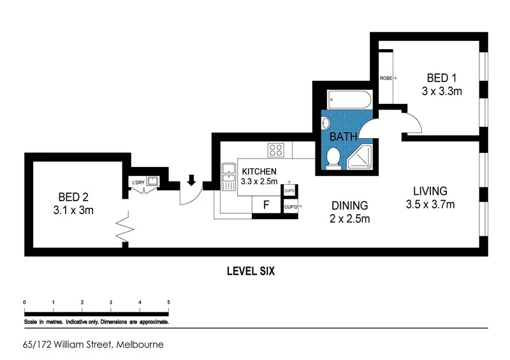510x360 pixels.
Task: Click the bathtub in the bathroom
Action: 349,100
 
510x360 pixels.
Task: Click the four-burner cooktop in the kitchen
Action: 276,150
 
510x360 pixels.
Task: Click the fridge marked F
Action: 266,205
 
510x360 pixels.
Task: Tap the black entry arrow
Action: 191,182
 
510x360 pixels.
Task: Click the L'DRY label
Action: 138,184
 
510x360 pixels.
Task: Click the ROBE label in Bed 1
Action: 386,78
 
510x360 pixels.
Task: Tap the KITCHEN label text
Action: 259,171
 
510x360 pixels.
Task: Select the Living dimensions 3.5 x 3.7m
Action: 430,204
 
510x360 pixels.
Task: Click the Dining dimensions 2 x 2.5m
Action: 349,219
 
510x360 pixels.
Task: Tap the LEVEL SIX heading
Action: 251,271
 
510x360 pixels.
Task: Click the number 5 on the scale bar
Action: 168,302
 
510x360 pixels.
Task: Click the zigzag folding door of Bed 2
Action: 123,228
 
